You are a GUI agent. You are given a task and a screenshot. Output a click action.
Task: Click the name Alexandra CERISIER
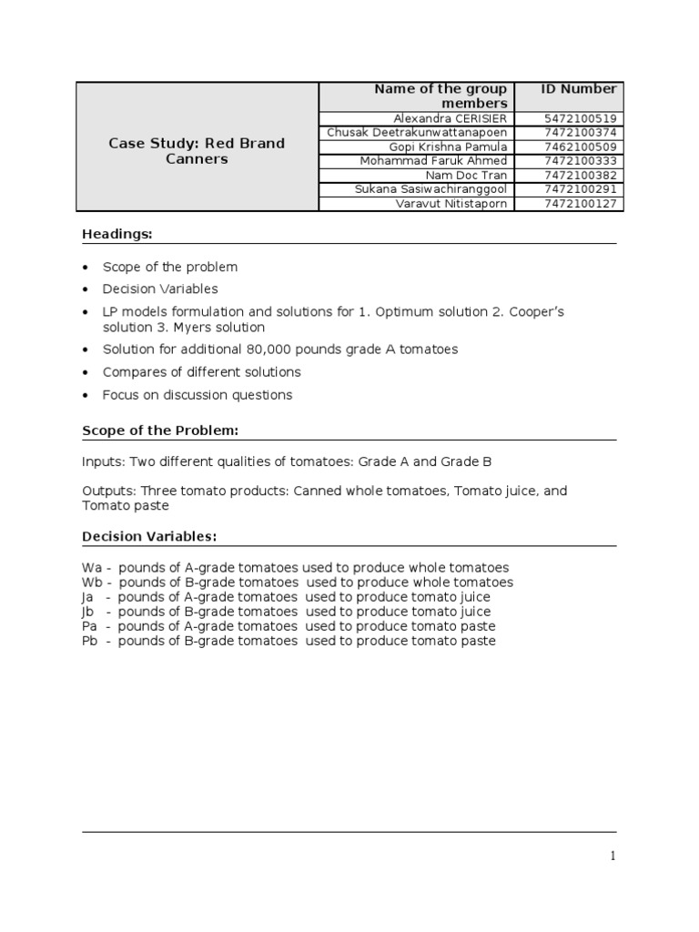pyautogui.click(x=451, y=118)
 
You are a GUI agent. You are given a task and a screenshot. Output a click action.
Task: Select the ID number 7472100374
pyautogui.click(x=580, y=133)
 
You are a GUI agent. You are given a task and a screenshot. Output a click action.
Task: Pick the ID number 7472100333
pyautogui.click(x=580, y=161)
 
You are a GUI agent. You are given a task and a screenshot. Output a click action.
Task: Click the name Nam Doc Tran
pyautogui.click(x=466, y=175)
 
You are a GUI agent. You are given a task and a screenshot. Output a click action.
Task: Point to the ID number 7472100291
pyautogui.click(x=580, y=189)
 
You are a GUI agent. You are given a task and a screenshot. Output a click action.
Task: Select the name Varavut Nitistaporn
pyautogui.click(x=453, y=203)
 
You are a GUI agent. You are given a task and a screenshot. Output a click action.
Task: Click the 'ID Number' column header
pyautogui.click(x=579, y=89)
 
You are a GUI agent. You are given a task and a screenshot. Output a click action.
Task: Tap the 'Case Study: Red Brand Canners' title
pyautogui.click(x=197, y=151)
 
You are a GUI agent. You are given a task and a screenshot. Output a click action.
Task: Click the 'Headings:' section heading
pyautogui.click(x=116, y=235)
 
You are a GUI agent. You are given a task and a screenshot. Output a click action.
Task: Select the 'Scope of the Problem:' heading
pyautogui.click(x=160, y=431)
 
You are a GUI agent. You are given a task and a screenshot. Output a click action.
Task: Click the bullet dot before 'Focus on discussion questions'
pyautogui.click(x=86, y=395)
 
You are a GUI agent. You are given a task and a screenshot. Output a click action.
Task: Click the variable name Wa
pyautogui.click(x=92, y=567)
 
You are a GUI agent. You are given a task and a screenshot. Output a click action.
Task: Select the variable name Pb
pyautogui.click(x=91, y=641)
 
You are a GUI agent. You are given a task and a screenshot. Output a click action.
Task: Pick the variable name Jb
pyautogui.click(x=88, y=612)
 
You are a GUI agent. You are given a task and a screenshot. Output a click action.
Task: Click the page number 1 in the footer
pyautogui.click(x=613, y=856)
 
